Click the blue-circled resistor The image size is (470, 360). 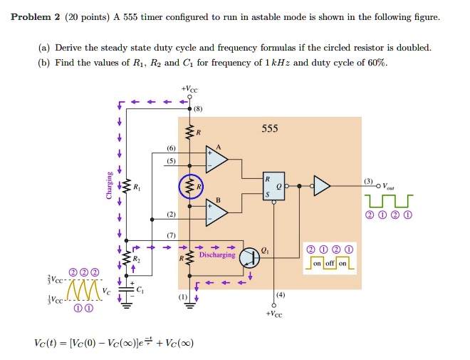(190, 188)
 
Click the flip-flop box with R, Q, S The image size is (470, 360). (273, 186)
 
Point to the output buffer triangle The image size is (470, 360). (322, 186)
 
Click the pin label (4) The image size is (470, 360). (281, 294)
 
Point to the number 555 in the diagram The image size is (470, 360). (270, 129)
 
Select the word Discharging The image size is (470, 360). (216, 254)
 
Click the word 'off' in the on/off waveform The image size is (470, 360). (328, 264)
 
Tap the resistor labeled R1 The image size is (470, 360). (127, 188)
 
